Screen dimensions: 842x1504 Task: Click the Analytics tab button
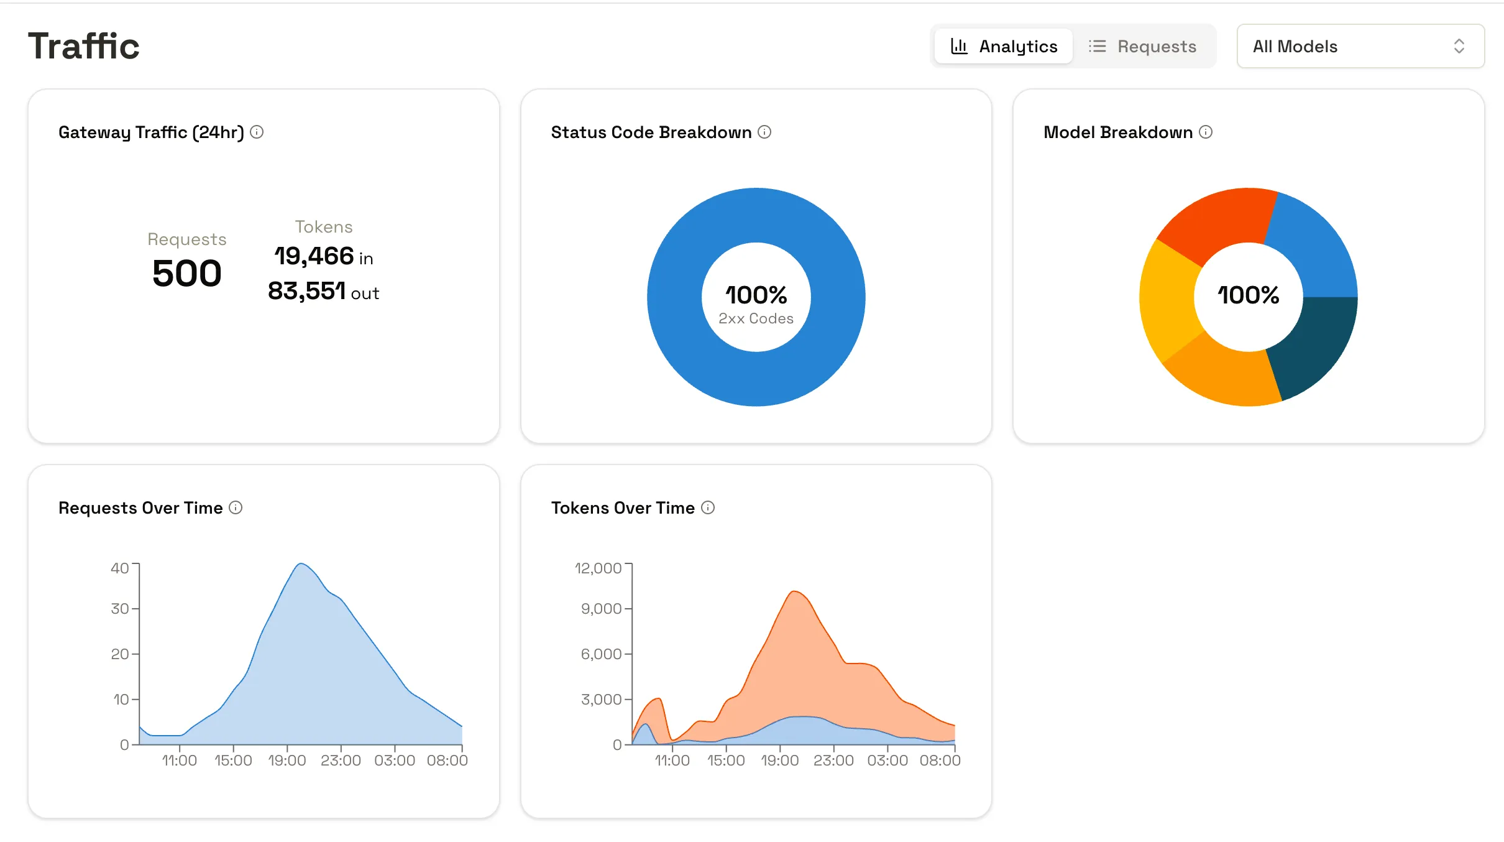point(1004,46)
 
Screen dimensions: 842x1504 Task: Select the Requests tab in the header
point(1142,46)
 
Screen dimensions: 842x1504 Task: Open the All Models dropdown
point(1360,46)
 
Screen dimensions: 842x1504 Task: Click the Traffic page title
point(84,46)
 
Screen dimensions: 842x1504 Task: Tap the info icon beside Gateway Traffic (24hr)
point(257,132)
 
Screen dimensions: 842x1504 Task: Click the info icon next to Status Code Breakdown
point(764,132)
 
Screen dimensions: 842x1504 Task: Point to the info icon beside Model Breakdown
point(1206,132)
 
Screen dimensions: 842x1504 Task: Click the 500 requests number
point(186,274)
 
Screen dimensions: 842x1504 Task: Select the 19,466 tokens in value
point(314,256)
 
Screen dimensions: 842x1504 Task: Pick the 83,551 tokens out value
point(307,291)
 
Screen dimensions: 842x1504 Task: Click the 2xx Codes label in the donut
point(756,318)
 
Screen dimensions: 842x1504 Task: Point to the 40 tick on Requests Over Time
point(120,568)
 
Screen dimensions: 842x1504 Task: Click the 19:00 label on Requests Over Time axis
point(287,760)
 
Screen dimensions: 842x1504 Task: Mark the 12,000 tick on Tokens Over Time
point(598,568)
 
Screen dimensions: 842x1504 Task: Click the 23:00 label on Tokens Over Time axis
point(833,760)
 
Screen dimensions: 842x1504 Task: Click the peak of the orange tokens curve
point(794,592)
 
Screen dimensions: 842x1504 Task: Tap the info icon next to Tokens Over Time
point(708,507)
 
